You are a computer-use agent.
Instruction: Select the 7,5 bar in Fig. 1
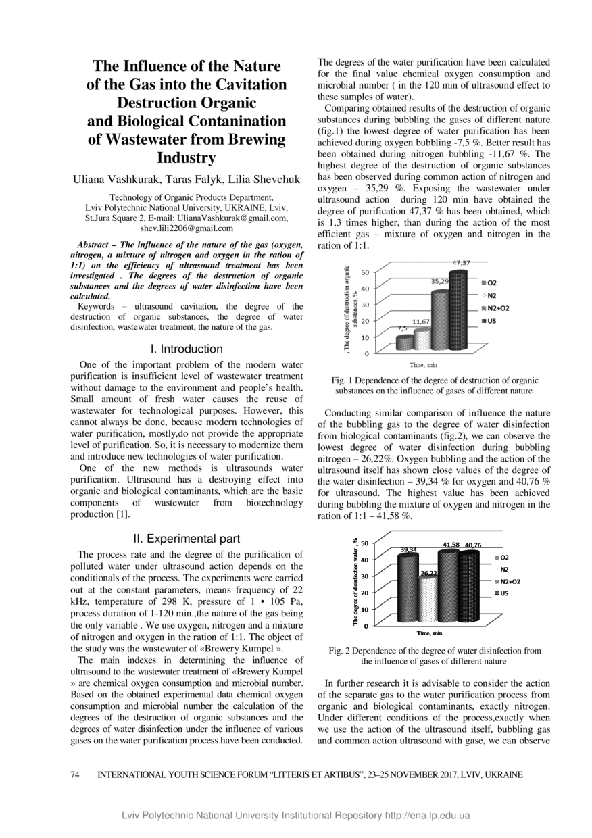[404, 343]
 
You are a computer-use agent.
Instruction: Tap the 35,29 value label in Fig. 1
[440, 280]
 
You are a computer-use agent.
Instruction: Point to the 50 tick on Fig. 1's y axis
[366, 272]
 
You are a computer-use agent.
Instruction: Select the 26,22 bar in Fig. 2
[428, 600]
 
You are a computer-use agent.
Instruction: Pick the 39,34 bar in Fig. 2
[408, 588]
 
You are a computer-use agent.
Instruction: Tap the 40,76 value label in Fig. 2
[473, 545]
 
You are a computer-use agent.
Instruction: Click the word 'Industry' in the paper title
[187, 158]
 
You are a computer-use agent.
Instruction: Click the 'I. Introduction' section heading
[187, 349]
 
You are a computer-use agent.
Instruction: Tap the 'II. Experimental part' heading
[187, 539]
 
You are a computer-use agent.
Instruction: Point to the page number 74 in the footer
[76, 775]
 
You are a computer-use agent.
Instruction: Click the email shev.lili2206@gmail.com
[187, 228]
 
